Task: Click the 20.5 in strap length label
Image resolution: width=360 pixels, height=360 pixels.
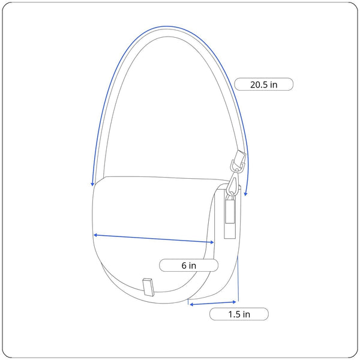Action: [263, 84]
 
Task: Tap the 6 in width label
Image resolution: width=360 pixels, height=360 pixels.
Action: [188, 265]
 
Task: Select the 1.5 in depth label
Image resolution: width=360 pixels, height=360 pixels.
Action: [239, 314]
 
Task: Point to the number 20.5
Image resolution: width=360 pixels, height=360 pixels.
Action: [259, 85]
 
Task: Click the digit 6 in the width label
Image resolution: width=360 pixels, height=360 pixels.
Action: [184, 266]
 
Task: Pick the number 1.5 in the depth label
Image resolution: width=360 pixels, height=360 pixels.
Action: [234, 314]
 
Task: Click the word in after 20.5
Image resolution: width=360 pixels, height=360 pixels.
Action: [274, 85]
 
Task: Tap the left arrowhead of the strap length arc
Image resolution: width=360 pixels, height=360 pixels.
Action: [92, 184]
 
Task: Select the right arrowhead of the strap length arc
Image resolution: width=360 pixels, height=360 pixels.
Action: [245, 194]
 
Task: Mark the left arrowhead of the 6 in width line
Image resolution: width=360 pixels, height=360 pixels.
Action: [95, 235]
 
